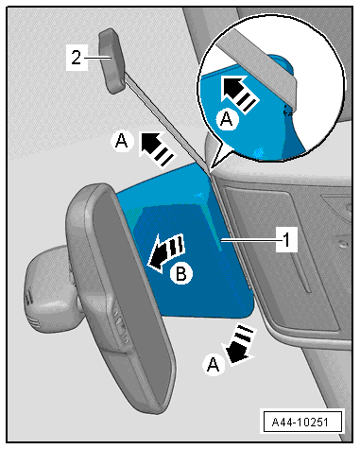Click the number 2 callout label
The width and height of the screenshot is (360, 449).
coord(77,58)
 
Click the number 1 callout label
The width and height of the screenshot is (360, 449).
coord(286,239)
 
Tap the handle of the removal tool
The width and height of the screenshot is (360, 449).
coord(111,60)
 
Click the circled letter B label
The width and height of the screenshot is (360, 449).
coord(181,273)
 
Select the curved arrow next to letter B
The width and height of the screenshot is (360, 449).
coord(166,252)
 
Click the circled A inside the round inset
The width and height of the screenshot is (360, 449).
coord(227,119)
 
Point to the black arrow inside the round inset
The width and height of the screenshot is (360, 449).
coord(239,92)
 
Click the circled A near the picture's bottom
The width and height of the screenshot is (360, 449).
coord(214,364)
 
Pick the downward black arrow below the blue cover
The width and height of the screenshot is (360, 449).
coord(240,345)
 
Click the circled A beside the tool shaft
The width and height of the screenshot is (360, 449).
coord(122,141)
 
